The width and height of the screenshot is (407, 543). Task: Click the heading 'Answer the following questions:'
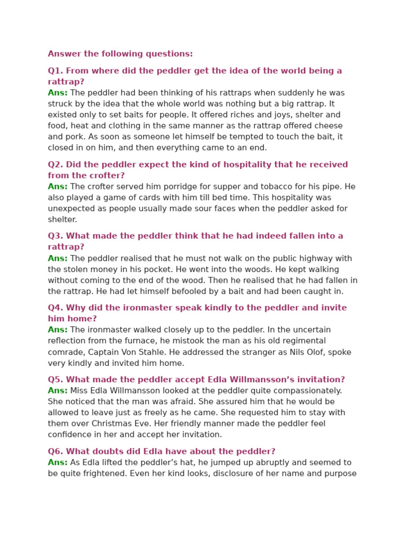point(120,54)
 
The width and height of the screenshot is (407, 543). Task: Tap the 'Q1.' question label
point(55,71)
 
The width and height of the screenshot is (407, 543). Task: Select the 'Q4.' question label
point(55,308)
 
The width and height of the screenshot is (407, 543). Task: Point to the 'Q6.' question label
point(55,452)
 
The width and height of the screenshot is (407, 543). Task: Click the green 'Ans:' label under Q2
point(58,187)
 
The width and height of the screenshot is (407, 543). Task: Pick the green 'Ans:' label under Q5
point(58,391)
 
